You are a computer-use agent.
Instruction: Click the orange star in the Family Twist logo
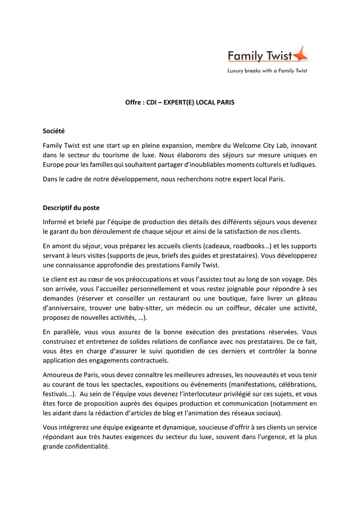pyautogui.click(x=301, y=54)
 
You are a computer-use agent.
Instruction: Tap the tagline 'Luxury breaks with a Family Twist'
pyautogui.click(x=267, y=71)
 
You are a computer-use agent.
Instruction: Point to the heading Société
pyautogui.click(x=54, y=131)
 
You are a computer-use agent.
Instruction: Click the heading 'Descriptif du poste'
pyautogui.click(x=71, y=208)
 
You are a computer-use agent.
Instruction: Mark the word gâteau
pyautogui.click(x=306, y=299)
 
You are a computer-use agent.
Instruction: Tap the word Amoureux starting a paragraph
pyautogui.click(x=59, y=375)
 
